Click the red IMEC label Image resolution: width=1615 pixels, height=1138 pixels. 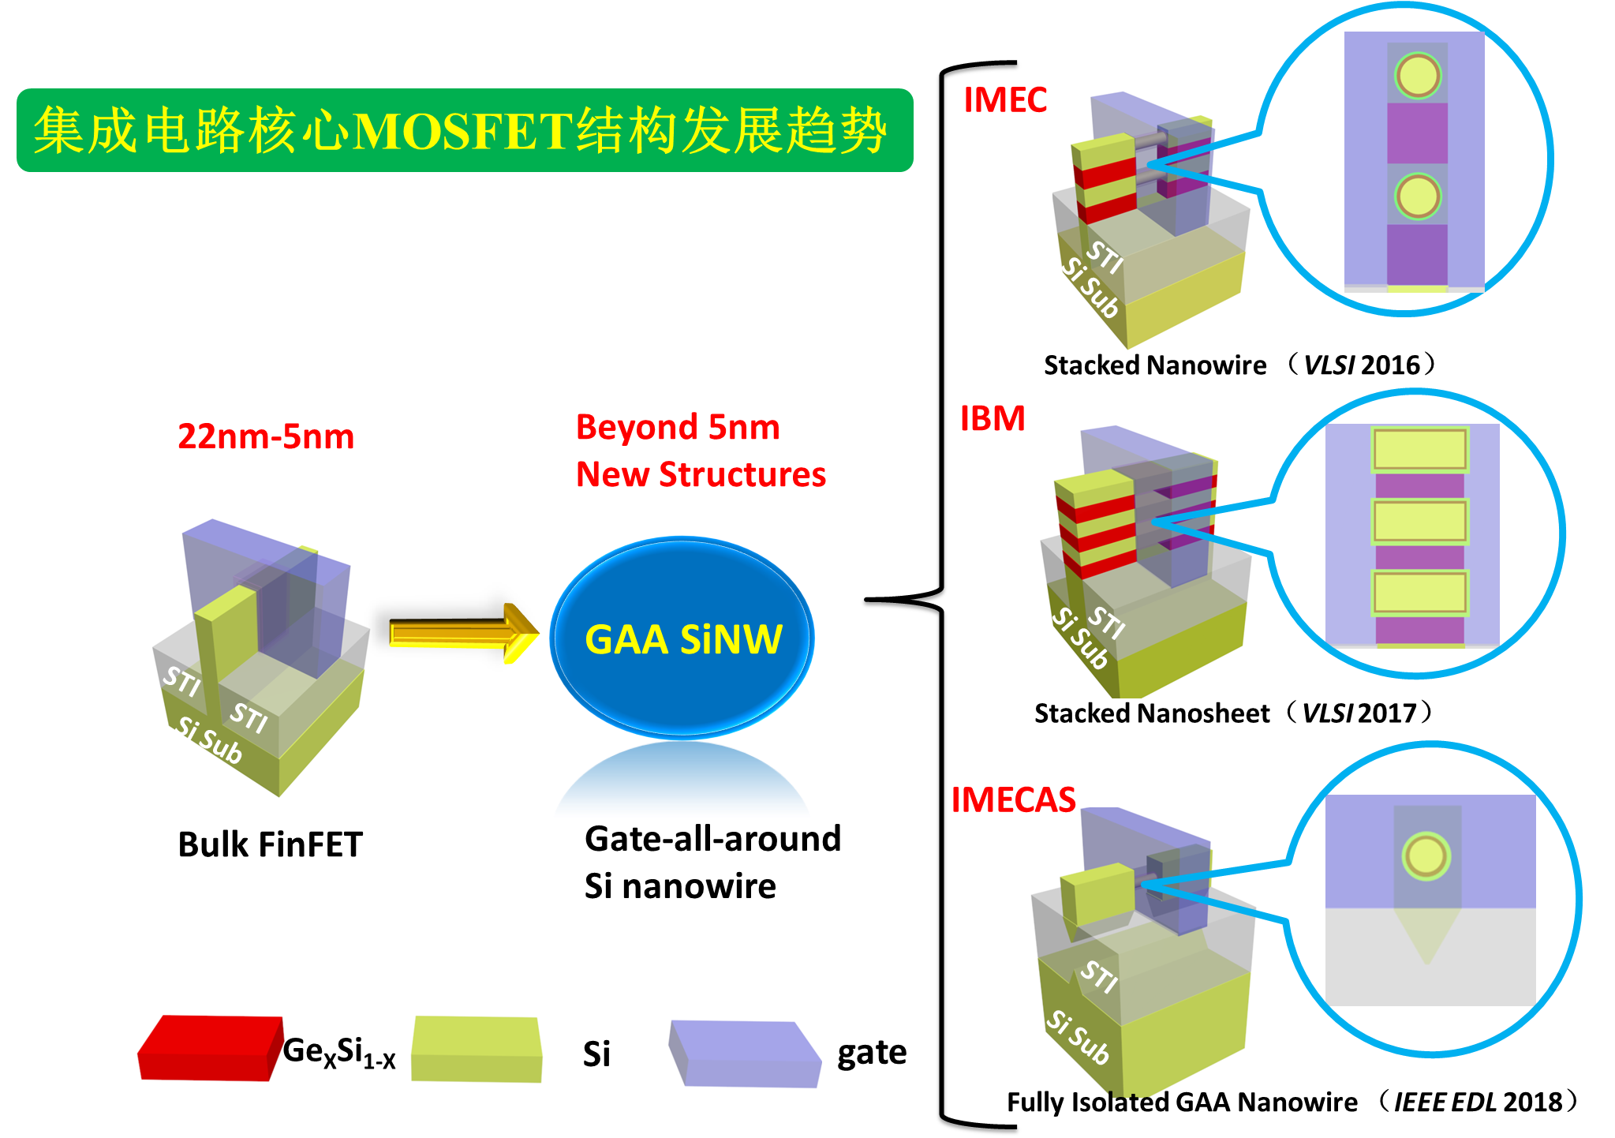point(1005,100)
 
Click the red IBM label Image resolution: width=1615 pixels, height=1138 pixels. point(993,418)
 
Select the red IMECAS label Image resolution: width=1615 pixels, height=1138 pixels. point(1013,800)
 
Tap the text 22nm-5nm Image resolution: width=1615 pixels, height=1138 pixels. point(266,436)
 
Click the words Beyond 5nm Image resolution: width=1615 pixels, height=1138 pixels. point(678,427)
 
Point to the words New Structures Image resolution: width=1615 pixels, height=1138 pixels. point(701,474)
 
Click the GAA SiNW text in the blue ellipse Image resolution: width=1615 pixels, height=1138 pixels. point(683,639)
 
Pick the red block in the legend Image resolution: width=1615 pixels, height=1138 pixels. point(210,1048)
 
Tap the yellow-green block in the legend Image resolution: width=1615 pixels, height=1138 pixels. point(477,1049)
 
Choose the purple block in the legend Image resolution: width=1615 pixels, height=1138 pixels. point(745,1054)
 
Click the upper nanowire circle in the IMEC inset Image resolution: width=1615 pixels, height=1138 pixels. point(1418,76)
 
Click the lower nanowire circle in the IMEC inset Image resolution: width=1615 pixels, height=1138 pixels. point(1418,196)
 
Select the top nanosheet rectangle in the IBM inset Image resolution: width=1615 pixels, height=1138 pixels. point(1419,449)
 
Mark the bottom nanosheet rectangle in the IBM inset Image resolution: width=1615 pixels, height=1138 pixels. point(1419,593)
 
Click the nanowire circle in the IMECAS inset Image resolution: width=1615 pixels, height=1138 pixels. point(1426,856)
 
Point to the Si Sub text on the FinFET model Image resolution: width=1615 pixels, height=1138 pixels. point(209,740)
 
